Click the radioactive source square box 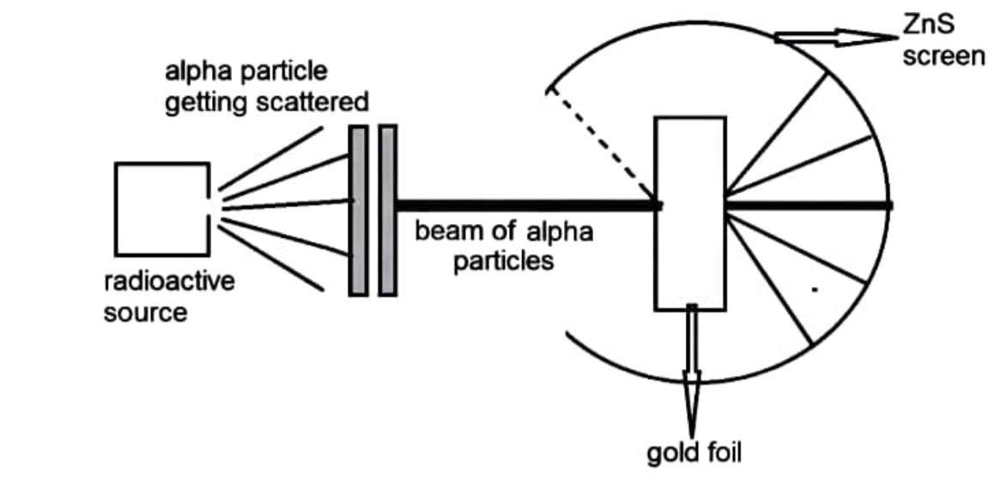point(161,209)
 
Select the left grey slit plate point(358,210)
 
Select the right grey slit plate point(387,210)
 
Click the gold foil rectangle point(690,213)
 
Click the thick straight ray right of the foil point(807,205)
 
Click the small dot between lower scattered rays point(814,290)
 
